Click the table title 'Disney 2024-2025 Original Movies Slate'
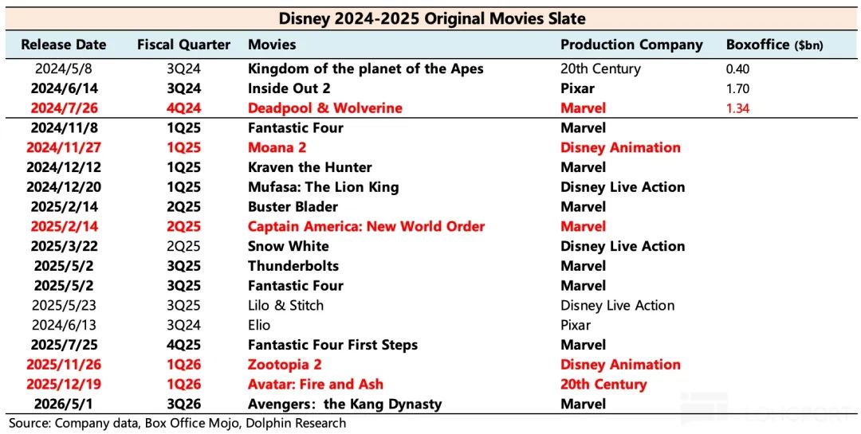point(432,18)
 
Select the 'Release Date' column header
point(64,45)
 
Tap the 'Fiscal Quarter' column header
point(183,45)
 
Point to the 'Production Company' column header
point(631,45)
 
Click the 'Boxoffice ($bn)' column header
point(775,45)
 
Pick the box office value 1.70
point(737,88)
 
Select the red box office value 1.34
point(737,108)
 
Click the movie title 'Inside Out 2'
point(289,88)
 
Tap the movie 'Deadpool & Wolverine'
point(325,108)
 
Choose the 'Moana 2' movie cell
point(277,147)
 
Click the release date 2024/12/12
point(64,167)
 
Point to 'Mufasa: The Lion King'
point(324,187)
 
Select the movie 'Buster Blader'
point(293,207)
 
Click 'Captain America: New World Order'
point(366,227)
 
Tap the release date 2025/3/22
point(64,246)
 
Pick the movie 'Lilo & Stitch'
point(285,306)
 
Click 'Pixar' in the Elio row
point(576,326)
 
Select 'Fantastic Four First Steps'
point(332,345)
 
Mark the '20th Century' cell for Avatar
point(603,385)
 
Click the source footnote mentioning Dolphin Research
point(177,424)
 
